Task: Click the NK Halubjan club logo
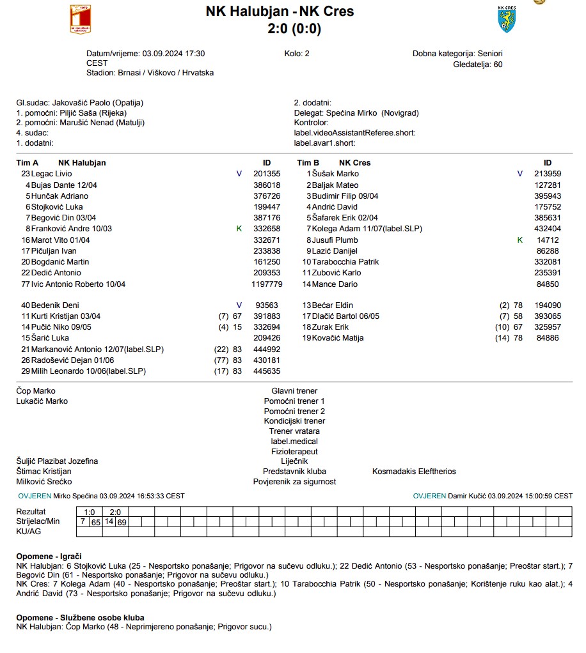(81, 19)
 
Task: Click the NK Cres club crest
(506, 19)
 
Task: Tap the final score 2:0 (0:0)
(294, 29)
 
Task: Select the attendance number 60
(498, 65)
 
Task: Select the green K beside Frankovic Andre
(239, 229)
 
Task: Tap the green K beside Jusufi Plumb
(520, 240)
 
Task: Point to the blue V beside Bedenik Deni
(239, 305)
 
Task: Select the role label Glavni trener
(294, 391)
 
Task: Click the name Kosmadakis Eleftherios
(414, 472)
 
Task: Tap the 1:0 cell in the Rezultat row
(90, 512)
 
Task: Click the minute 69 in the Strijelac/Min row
(122, 522)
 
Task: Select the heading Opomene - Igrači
(49, 557)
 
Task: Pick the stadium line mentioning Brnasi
(150, 73)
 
